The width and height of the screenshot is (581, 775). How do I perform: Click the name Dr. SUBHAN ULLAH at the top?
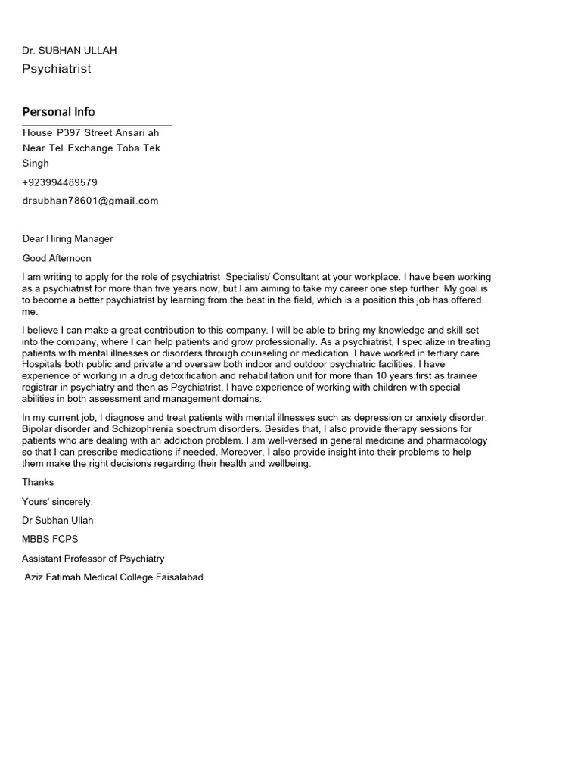70,51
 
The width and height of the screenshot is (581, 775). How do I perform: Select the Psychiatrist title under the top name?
57,69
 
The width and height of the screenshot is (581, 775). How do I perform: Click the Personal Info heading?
58,112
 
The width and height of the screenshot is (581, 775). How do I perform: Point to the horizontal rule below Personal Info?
97,125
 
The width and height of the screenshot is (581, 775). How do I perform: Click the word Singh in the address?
36,163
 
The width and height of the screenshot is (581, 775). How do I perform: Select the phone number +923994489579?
60,182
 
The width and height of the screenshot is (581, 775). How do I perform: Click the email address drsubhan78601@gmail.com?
90,201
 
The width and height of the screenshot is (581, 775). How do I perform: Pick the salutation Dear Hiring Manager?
67,239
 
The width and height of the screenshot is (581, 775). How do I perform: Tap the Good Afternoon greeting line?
57,258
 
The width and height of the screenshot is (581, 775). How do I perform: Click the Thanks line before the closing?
38,482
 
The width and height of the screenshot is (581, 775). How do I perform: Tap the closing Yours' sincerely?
57,502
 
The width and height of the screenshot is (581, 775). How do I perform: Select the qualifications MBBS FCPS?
50,540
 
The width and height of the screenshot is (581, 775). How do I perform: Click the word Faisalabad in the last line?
177,577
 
